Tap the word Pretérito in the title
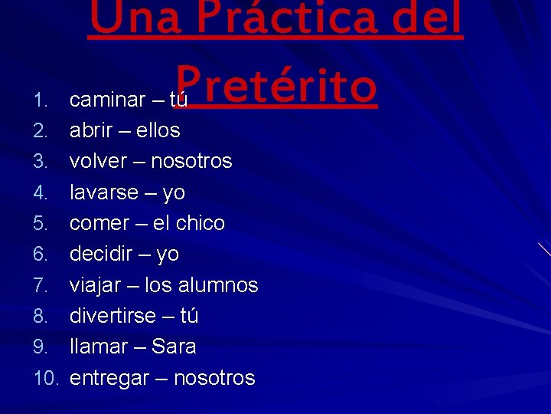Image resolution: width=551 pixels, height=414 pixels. tap(276, 86)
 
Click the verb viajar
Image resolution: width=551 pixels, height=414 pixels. tap(94, 285)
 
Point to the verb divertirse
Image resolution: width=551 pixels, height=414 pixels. tap(112, 316)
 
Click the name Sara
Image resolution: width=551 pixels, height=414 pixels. tap(173, 347)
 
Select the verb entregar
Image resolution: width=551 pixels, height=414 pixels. tap(107, 378)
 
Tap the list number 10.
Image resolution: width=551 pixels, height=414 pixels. tap(47, 378)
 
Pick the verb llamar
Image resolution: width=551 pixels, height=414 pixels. tap(96, 347)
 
